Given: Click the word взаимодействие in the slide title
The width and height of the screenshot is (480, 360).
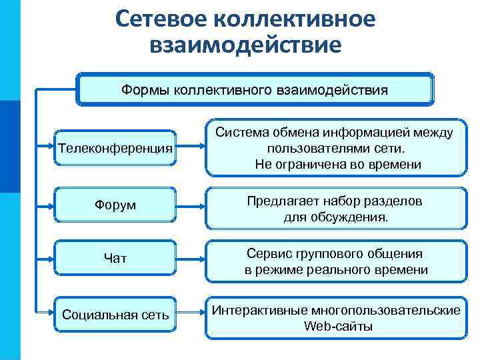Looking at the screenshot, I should pos(246,45).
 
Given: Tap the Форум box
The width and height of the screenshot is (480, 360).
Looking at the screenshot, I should pos(115,205).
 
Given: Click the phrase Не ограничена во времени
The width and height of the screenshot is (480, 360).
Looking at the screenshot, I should pos(338,164).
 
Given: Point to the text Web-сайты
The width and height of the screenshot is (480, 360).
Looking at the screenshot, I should pos(338,327).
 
